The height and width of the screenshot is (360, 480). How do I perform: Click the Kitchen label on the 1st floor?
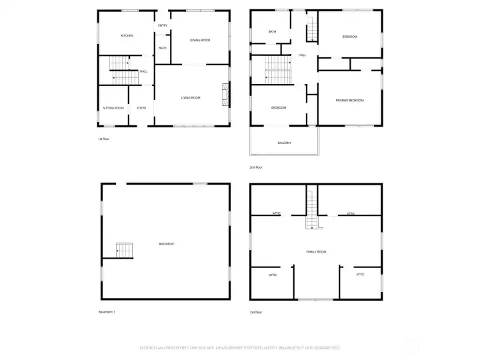pos(127,35)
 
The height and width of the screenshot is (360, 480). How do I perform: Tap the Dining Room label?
pos(200,40)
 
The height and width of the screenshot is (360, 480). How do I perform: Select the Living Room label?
pos(191,98)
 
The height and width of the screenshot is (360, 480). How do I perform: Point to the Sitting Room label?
pos(113,108)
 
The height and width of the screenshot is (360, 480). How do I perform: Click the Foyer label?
pos(141,108)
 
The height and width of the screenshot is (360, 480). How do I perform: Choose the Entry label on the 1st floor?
pos(162,25)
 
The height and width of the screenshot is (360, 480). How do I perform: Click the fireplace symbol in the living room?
pos(225,95)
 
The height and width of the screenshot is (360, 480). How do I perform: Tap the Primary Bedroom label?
pos(350,100)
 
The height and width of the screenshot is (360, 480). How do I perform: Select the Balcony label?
pos(285,143)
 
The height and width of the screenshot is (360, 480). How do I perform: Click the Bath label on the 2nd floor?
pos(273,31)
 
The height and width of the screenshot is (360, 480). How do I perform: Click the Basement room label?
pos(167,244)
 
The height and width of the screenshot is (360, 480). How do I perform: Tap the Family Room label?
pos(316,251)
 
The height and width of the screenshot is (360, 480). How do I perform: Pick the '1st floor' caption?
pos(104,139)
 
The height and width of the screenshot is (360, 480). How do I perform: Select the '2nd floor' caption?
pos(255,167)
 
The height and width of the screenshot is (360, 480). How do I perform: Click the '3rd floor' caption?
pos(256,312)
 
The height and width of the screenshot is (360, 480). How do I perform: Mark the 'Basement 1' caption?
pos(107,312)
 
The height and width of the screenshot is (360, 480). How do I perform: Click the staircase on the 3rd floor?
pos(310,209)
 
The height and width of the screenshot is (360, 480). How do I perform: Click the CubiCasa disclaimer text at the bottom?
pos(240,347)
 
